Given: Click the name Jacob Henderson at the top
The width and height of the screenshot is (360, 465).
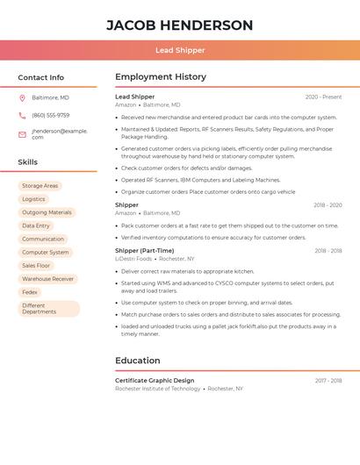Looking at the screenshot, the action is pyautogui.click(x=179, y=25).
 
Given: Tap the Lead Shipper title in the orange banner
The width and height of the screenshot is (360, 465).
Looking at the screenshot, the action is pyautogui.click(x=179, y=50).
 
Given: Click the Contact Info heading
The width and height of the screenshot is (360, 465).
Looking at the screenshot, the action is pyautogui.click(x=40, y=77).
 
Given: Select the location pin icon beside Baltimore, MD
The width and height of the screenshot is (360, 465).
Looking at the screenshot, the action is pyautogui.click(x=22, y=97).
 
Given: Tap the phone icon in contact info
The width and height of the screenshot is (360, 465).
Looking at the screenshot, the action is pyautogui.click(x=22, y=115).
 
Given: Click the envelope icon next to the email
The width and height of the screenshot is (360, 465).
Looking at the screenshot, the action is pyautogui.click(x=22, y=134).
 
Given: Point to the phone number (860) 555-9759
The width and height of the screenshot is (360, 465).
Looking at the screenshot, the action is pyautogui.click(x=50, y=115).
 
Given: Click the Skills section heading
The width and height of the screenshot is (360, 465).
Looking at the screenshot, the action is pyautogui.click(x=27, y=162).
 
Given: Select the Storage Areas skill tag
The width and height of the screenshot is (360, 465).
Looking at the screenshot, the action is pyautogui.click(x=40, y=186).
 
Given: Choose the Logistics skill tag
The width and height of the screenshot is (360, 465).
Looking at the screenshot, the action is pyautogui.click(x=33, y=199).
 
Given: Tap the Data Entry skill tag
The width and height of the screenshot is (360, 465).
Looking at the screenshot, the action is pyautogui.click(x=36, y=225).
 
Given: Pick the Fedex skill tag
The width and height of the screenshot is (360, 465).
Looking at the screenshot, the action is pyautogui.click(x=30, y=292).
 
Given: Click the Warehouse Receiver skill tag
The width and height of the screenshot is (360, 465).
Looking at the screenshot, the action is pyautogui.click(x=47, y=279).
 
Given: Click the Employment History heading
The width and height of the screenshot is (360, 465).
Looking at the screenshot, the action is pyautogui.click(x=160, y=77).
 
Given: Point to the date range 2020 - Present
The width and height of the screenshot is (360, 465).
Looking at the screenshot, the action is pyautogui.click(x=323, y=97).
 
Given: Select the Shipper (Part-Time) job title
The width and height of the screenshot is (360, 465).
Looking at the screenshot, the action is pyautogui.click(x=144, y=250).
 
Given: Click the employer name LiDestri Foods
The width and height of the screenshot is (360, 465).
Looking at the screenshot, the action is pyautogui.click(x=133, y=259).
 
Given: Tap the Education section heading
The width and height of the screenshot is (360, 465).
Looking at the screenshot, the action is pyautogui.click(x=137, y=361).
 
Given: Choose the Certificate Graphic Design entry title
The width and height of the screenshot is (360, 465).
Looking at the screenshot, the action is pyautogui.click(x=155, y=380).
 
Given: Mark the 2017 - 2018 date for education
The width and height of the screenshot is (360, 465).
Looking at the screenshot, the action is pyautogui.click(x=328, y=381).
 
